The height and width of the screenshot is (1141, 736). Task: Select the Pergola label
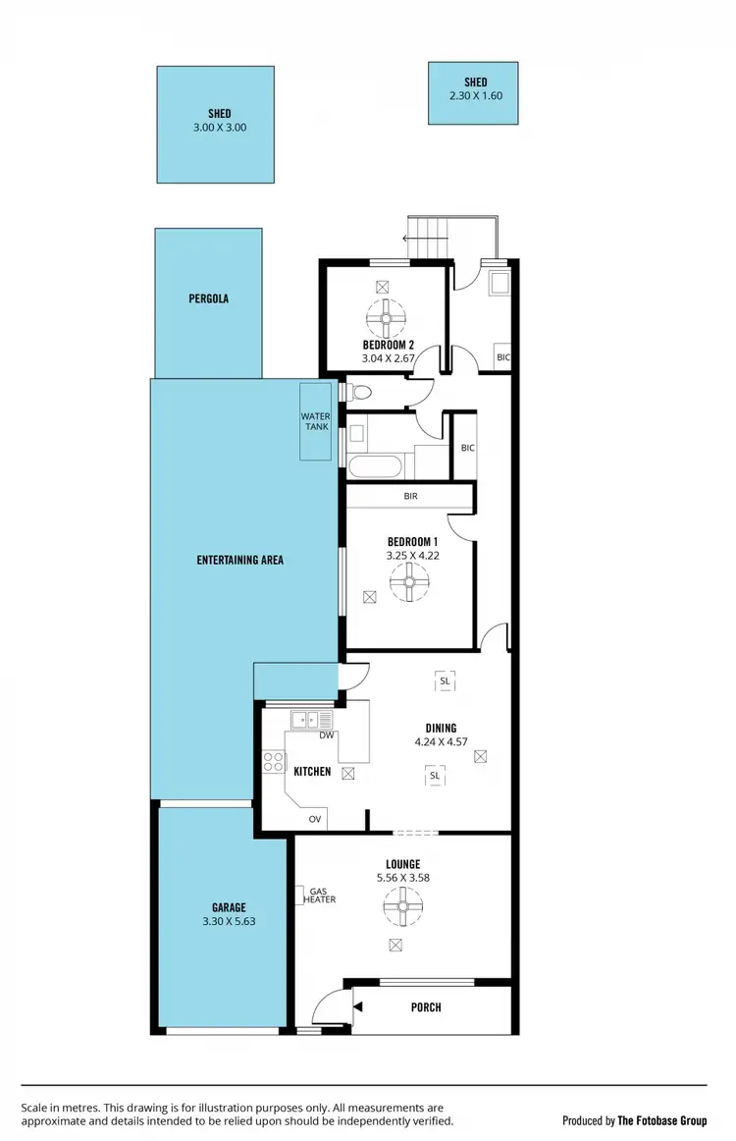209,299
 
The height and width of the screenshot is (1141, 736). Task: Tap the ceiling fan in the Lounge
402,907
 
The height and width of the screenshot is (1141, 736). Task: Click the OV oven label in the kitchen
315,819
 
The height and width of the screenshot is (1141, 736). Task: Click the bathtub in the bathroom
374,466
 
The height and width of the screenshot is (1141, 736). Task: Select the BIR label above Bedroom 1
410,496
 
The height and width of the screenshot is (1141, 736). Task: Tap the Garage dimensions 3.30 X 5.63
229,921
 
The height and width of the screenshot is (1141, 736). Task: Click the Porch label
426,1007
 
